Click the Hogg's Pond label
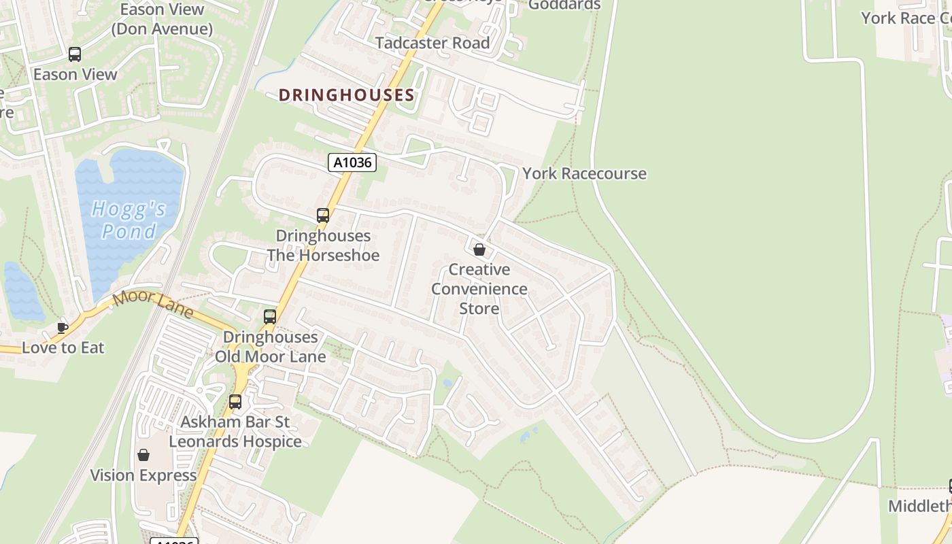point(129,220)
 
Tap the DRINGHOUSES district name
point(346,95)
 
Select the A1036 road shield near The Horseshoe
point(352,163)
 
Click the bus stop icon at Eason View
point(75,54)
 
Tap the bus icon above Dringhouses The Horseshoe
point(323,216)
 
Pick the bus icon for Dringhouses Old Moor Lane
point(270,316)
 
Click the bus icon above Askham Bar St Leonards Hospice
point(235,401)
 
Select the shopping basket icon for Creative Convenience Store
point(479,250)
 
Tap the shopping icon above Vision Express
point(143,455)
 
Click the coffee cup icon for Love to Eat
point(63,328)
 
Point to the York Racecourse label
point(584,173)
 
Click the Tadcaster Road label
point(432,43)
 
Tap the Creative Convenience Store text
point(479,289)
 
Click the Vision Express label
point(143,475)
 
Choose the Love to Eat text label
point(63,347)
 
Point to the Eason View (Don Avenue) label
point(162,19)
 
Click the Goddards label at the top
point(564,5)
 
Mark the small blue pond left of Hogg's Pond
point(22,292)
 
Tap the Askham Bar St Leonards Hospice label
point(235,432)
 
